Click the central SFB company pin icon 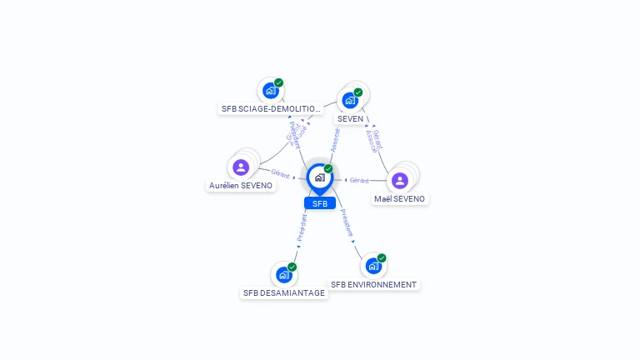(x=319, y=177)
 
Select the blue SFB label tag (x=319, y=203)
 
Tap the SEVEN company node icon (x=351, y=100)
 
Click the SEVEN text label (x=351, y=119)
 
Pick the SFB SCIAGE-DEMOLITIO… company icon (x=270, y=90)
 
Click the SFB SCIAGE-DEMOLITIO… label (x=271, y=109)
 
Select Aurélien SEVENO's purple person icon (x=241, y=167)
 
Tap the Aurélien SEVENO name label (x=241, y=186)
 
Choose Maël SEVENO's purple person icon (x=400, y=180)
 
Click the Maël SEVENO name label (x=400, y=199)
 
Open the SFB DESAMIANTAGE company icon (x=283, y=274)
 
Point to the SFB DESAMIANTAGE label (x=284, y=293)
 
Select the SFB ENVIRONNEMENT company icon (x=373, y=266)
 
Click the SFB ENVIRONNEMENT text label (x=373, y=285)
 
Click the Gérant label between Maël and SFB (x=359, y=180)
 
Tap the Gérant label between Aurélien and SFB (x=280, y=174)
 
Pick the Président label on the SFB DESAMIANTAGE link (x=302, y=227)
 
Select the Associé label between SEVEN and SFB (x=335, y=139)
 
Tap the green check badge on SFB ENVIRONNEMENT (x=382, y=258)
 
